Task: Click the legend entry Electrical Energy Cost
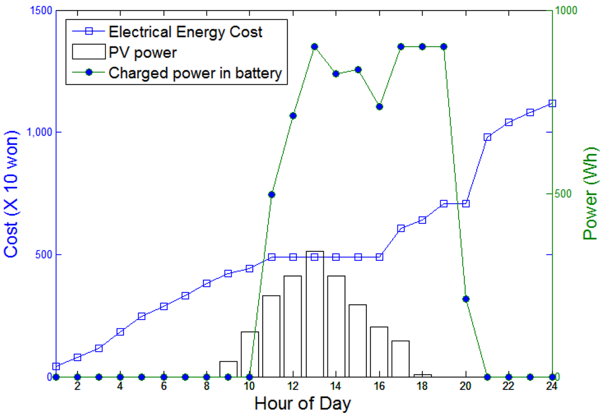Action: click(185, 32)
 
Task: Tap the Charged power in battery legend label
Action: click(195, 73)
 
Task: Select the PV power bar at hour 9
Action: click(228, 369)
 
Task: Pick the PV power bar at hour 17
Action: click(400, 358)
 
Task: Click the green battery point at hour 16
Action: click(379, 107)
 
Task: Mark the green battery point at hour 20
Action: click(466, 299)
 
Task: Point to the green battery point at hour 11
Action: click(272, 194)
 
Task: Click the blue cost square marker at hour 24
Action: click(552, 103)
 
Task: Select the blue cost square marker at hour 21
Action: click(487, 137)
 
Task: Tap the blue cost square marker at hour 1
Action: click(56, 366)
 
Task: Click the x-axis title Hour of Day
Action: click(302, 404)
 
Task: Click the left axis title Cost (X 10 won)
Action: click(13, 194)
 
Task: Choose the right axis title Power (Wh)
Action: click(590, 194)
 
